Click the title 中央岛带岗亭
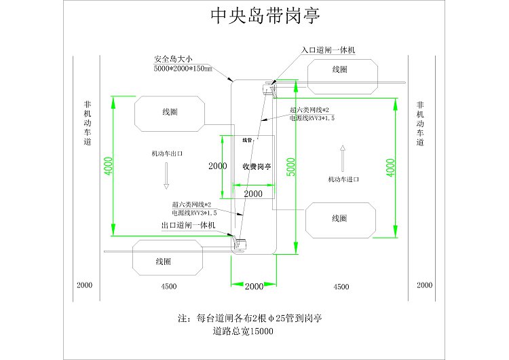(265, 15)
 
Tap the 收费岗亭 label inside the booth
(257, 166)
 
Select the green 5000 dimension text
(291, 167)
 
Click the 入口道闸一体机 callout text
(328, 50)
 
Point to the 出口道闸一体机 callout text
(188, 225)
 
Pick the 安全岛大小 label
(173, 59)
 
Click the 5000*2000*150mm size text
(183, 68)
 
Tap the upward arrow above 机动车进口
(343, 158)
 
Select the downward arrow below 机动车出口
(166, 176)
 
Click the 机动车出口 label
(167, 154)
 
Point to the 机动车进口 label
(343, 179)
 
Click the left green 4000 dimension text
(108, 166)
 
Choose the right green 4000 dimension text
(390, 168)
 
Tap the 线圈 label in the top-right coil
(340, 69)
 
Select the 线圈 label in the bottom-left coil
(164, 262)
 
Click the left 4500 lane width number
(169, 286)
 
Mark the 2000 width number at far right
(425, 285)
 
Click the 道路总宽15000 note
(243, 331)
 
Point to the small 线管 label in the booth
(247, 140)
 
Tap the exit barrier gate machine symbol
(240, 245)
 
